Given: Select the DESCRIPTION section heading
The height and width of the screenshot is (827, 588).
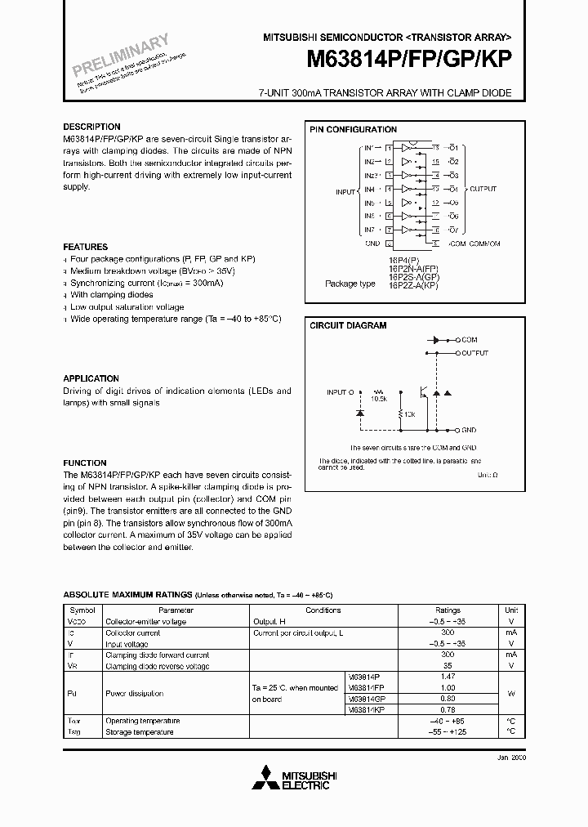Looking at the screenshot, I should [x=91, y=127].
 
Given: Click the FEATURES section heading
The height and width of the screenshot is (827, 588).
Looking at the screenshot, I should [x=85, y=247].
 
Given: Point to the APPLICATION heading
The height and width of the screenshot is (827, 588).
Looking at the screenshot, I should [x=91, y=378].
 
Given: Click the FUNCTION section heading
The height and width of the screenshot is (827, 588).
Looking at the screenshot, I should [x=85, y=463].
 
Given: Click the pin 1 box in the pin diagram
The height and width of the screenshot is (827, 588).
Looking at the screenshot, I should [x=390, y=148].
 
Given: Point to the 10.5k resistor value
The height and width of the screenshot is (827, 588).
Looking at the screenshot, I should [x=378, y=399].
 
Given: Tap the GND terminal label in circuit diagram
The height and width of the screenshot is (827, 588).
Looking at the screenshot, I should [x=469, y=429].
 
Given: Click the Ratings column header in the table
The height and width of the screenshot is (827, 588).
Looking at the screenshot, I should [x=448, y=610].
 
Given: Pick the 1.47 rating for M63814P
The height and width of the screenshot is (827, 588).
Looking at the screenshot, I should [x=448, y=677].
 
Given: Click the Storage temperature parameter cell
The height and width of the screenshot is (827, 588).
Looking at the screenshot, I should [x=140, y=732].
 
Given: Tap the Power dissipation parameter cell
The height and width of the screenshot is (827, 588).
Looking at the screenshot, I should [x=135, y=694].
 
